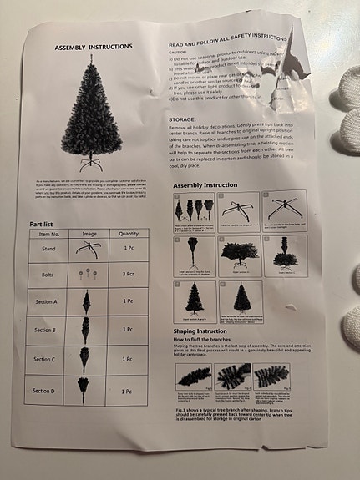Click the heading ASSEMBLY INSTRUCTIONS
(93, 48)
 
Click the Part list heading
(44, 224)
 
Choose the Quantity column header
(129, 234)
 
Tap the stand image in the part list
(86, 248)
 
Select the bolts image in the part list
(86, 273)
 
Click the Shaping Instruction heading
(205, 331)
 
